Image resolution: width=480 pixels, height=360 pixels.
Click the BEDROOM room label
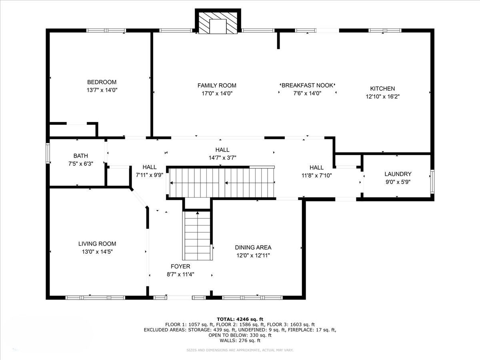(x=102, y=82)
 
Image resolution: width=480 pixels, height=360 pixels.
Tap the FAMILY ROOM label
(x=217, y=86)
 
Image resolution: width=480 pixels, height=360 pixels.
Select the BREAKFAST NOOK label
(x=307, y=85)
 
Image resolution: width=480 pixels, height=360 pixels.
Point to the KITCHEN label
(x=382, y=88)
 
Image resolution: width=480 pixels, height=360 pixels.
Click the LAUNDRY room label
(x=398, y=174)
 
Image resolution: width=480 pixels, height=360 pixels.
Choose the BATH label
(x=81, y=156)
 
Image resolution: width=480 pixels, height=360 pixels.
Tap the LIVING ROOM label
(x=97, y=244)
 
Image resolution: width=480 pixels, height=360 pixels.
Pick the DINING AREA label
(x=253, y=248)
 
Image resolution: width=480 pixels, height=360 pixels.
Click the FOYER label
(x=180, y=266)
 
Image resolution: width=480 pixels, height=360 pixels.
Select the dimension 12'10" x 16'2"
(x=383, y=96)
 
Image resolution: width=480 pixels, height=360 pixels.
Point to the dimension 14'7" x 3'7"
(x=222, y=158)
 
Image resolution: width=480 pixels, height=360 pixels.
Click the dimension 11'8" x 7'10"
(x=317, y=175)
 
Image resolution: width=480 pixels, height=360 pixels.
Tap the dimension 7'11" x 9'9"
(x=150, y=175)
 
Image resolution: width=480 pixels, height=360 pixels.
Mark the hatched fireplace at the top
(x=218, y=22)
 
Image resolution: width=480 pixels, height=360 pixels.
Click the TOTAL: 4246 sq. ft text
(x=240, y=319)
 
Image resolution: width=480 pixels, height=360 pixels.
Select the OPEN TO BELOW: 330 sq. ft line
(x=240, y=335)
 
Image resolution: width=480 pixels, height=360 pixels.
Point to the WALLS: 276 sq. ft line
(x=240, y=340)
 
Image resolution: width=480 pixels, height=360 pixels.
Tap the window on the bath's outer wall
(x=48, y=153)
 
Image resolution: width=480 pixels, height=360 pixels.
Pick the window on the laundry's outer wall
(x=432, y=182)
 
